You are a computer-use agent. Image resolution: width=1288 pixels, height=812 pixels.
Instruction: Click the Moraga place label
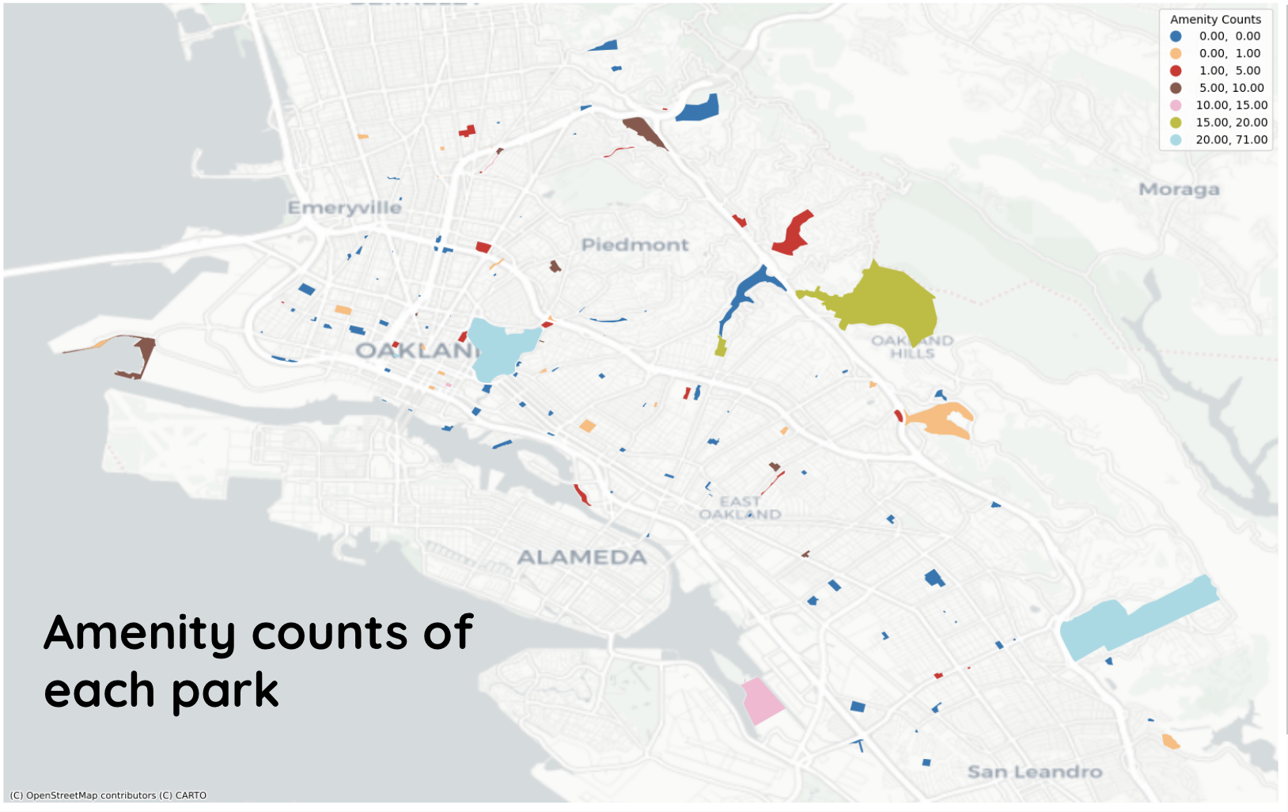click(x=1178, y=189)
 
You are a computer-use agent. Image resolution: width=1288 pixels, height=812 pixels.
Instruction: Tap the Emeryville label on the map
click(x=344, y=207)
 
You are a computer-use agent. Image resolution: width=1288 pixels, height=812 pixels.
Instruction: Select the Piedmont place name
click(x=635, y=245)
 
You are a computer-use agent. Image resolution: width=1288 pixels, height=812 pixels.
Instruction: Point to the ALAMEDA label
click(x=581, y=557)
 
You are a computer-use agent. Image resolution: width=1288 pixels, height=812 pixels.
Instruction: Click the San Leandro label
click(x=1034, y=772)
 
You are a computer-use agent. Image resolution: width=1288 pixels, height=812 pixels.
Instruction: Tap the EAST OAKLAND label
click(x=740, y=507)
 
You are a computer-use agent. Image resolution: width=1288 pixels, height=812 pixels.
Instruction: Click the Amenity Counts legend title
click(x=1215, y=19)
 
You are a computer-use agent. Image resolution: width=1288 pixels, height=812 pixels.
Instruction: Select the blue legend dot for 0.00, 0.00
click(x=1176, y=36)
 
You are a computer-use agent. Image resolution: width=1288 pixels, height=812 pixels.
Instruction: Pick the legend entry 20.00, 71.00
click(x=1231, y=140)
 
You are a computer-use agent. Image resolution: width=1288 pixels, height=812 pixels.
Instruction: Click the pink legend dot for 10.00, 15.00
click(x=1176, y=105)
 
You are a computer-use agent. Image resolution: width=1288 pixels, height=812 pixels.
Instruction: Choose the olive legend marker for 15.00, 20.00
click(x=1176, y=123)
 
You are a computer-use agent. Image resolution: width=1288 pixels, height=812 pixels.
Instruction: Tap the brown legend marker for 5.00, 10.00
click(x=1176, y=88)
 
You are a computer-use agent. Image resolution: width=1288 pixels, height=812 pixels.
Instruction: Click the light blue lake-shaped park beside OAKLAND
click(x=502, y=348)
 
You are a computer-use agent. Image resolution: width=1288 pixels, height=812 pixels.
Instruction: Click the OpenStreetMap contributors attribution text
click(x=108, y=795)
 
